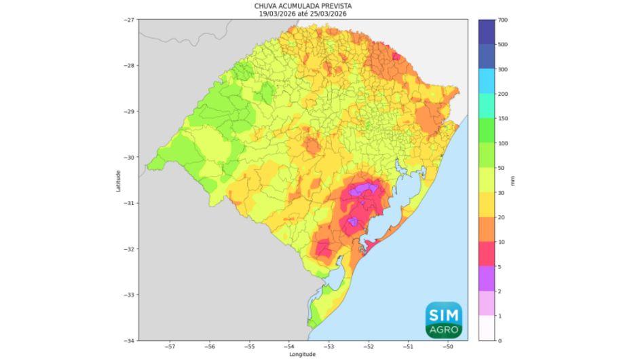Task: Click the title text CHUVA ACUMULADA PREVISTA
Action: tap(303, 5)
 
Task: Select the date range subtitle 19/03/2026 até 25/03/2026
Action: tap(303, 13)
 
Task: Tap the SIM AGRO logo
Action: tap(444, 320)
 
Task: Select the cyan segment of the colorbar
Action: tap(487, 82)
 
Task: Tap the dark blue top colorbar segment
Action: tap(487, 33)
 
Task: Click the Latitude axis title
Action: tap(118, 181)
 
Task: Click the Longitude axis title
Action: tap(303, 355)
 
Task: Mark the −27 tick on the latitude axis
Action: tap(128, 20)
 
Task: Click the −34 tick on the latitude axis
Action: tap(128, 340)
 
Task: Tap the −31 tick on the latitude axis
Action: tap(128, 203)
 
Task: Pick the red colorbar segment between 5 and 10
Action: tap(487, 254)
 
